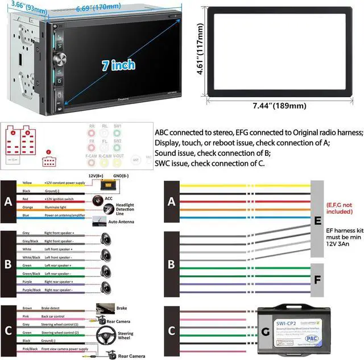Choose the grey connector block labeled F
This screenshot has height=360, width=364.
point(317,280)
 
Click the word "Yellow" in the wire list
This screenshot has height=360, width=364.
point(27,183)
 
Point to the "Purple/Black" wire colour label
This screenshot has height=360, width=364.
point(31,290)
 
